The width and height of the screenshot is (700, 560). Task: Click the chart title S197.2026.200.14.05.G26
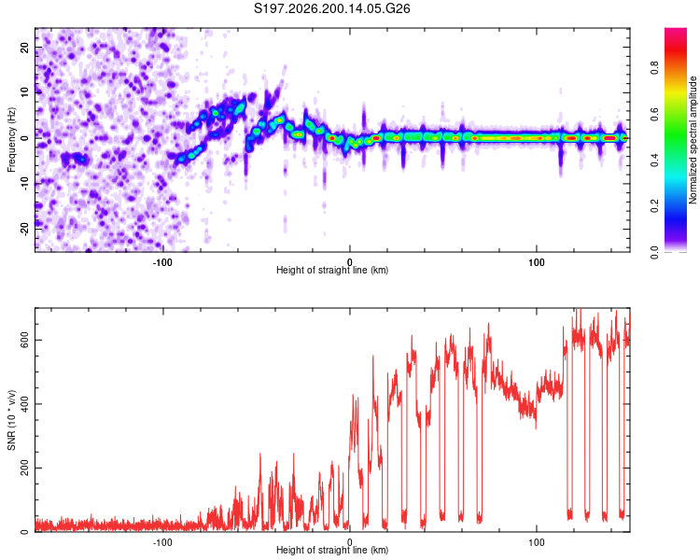(x=331, y=8)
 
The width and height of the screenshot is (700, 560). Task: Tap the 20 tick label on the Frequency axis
(x=24, y=48)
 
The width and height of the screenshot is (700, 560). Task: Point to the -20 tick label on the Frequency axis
(x=24, y=229)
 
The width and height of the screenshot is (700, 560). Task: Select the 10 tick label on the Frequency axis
(x=24, y=92)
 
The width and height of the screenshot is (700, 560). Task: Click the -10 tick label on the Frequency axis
(x=24, y=184)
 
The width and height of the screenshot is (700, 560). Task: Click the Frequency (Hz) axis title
(x=11, y=140)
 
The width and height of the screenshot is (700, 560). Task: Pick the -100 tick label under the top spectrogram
(x=162, y=262)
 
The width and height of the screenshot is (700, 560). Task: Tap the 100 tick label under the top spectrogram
(x=536, y=262)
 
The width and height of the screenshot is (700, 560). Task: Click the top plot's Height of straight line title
(x=332, y=270)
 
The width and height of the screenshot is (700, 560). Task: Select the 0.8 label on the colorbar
(x=654, y=68)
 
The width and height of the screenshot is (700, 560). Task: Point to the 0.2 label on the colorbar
(x=654, y=206)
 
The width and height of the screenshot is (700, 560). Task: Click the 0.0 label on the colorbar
(x=654, y=252)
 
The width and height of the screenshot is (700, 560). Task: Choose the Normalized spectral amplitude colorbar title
(x=693, y=140)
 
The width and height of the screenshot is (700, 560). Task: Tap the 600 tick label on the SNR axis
(x=24, y=341)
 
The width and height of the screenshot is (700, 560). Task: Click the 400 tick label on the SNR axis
(x=24, y=404)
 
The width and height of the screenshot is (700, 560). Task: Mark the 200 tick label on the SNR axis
(x=24, y=468)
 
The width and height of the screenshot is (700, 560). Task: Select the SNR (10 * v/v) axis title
(x=11, y=420)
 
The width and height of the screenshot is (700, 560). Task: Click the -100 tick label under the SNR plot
(x=162, y=542)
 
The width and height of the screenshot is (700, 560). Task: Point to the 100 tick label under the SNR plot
(x=536, y=542)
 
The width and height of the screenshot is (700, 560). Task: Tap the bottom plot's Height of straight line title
(x=332, y=550)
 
